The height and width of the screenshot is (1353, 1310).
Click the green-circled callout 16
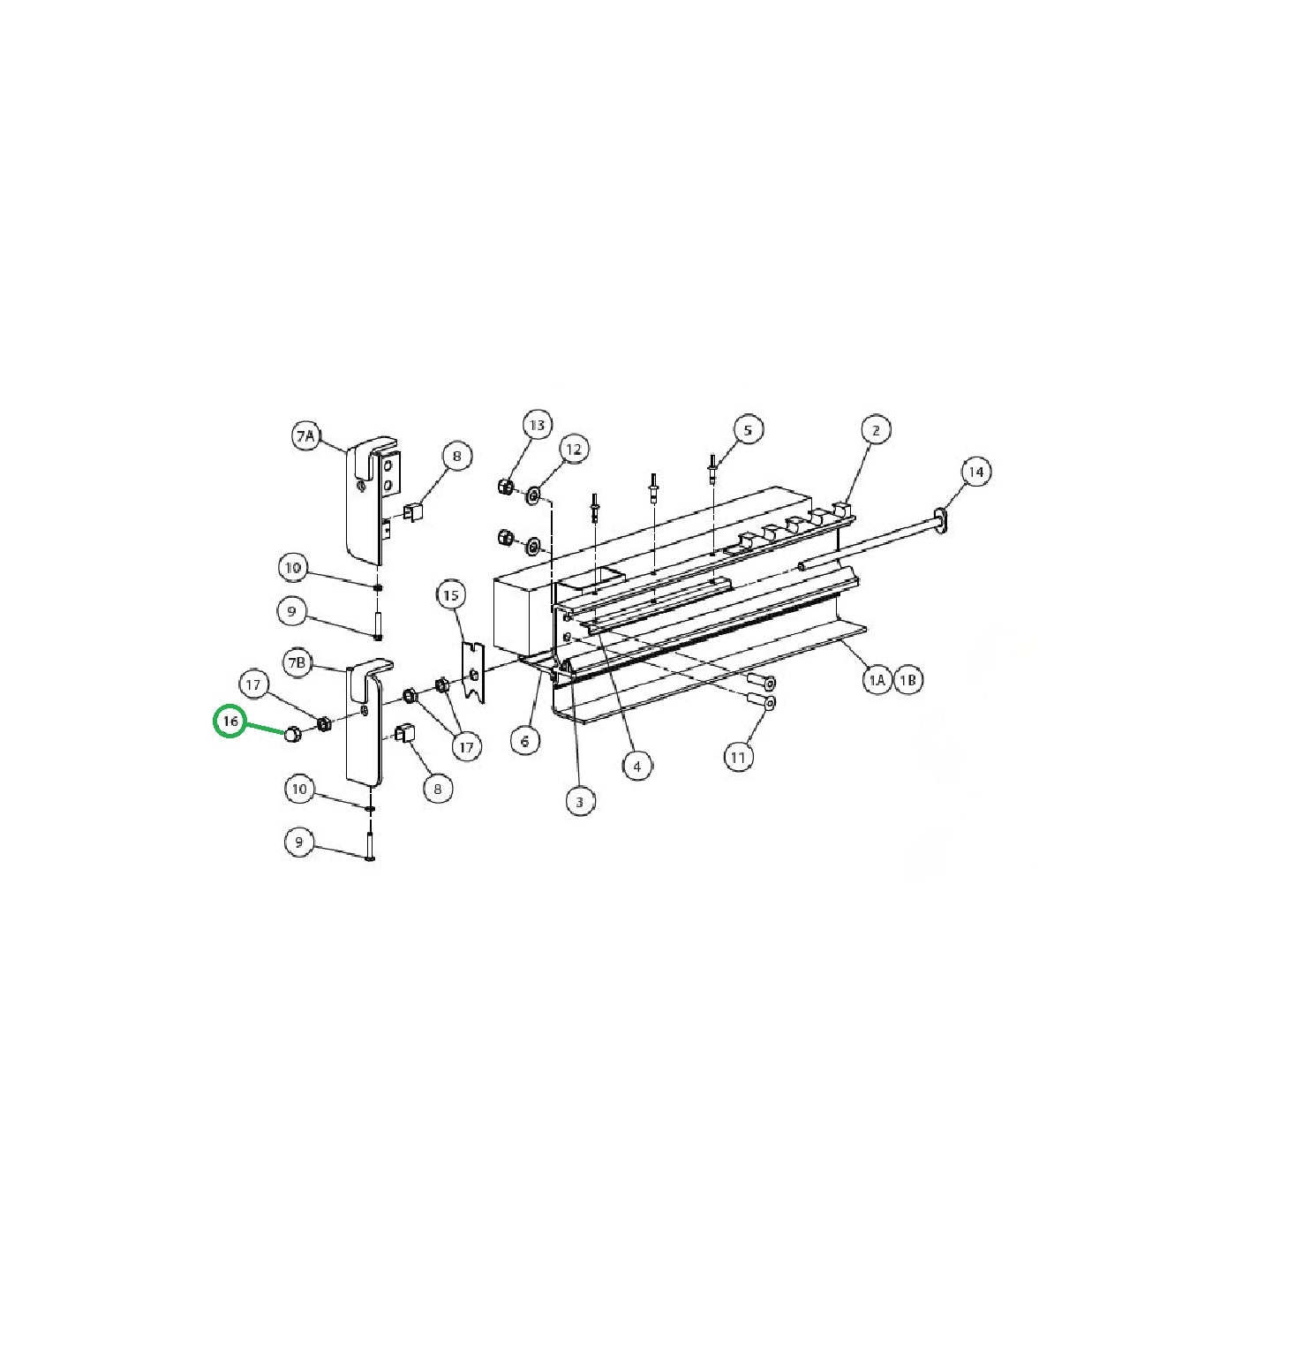click(x=230, y=722)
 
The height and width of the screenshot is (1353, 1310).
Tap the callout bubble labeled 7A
click(x=305, y=436)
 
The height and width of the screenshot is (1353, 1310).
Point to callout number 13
click(x=537, y=425)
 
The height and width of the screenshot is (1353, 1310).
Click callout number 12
click(x=574, y=450)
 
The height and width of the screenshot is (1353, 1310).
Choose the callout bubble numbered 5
click(x=748, y=430)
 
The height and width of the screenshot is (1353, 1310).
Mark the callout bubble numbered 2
click(x=876, y=430)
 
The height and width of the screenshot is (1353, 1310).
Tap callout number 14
click(x=975, y=472)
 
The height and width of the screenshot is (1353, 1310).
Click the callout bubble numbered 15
click(x=451, y=595)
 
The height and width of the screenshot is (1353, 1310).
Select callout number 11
click(x=739, y=757)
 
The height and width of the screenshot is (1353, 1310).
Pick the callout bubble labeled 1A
click(x=876, y=680)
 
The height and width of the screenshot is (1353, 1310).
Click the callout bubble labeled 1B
click(x=908, y=680)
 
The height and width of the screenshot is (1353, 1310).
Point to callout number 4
click(x=637, y=766)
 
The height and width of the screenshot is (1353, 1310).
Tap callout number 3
click(x=580, y=802)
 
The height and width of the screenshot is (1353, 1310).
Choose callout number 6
click(x=525, y=741)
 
